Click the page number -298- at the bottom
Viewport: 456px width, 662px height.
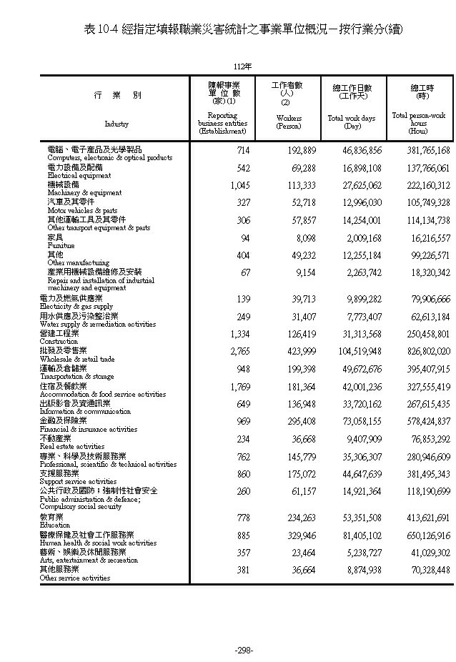click(x=244, y=650)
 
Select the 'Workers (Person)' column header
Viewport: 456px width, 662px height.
click(x=289, y=122)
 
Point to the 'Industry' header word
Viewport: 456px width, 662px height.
click(x=117, y=124)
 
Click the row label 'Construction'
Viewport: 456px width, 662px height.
click(x=59, y=342)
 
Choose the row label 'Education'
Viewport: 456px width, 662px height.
click(x=54, y=525)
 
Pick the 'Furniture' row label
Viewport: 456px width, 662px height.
click(x=61, y=245)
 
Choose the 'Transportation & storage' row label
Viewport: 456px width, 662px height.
click(x=76, y=376)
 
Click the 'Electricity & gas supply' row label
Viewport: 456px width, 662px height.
click(x=76, y=306)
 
